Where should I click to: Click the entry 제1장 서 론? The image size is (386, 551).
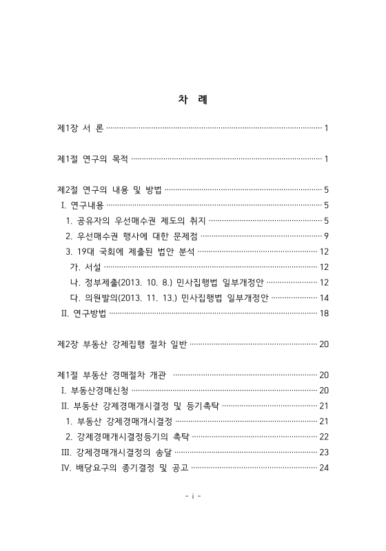point(81,129)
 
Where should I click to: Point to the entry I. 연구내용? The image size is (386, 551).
point(81,205)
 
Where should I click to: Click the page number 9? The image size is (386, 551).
point(325,236)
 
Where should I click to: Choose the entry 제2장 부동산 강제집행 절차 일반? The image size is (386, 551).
point(122,344)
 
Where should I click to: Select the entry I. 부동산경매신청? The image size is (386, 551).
point(93,391)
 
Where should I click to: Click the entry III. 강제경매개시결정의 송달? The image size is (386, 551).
point(115,452)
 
